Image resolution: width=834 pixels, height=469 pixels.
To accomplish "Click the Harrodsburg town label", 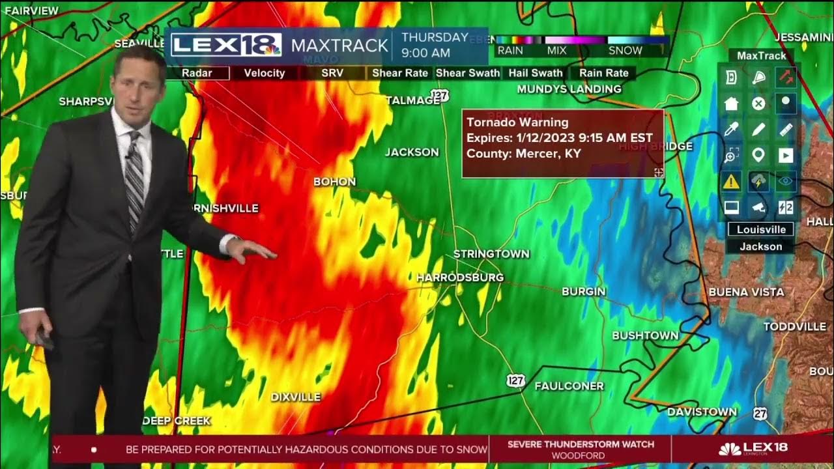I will [460, 277].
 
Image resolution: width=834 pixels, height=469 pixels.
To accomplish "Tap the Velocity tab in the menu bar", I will [264, 73].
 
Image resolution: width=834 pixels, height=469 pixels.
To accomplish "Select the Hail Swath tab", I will [536, 73].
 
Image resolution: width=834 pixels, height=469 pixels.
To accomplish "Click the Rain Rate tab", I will [604, 73].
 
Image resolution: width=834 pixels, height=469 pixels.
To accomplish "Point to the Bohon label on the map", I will [335, 182].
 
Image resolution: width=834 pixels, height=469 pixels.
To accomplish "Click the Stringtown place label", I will [491, 253].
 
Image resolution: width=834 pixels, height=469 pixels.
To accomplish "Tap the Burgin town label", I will [584, 291].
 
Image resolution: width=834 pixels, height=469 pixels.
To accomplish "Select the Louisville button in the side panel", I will [760, 229].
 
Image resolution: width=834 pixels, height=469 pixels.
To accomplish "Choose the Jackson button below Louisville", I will [760, 246].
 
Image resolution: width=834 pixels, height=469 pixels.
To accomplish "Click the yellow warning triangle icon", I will [731, 182].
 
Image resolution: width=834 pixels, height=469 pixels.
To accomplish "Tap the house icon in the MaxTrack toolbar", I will [731, 103].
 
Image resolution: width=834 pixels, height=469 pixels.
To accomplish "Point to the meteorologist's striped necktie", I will [135, 182].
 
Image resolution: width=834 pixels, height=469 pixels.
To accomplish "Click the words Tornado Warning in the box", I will [517, 122].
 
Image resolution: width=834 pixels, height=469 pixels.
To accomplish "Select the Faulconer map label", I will [569, 386].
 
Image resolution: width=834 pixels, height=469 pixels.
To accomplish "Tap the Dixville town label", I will [296, 397].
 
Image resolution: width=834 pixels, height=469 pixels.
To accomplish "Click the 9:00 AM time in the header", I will [425, 53].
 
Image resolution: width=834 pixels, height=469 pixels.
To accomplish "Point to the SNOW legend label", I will [625, 50].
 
